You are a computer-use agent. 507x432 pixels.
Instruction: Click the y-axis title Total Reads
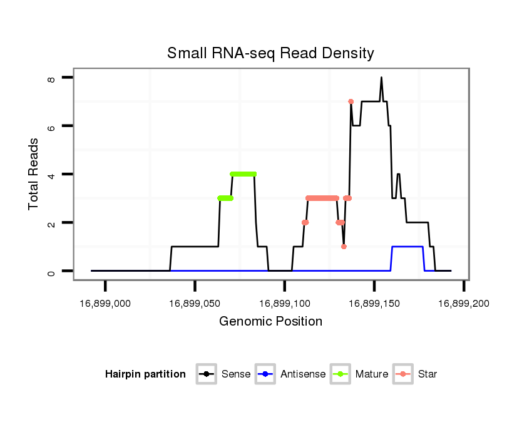tap(34, 174)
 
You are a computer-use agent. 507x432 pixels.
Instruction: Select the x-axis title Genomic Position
tap(270, 322)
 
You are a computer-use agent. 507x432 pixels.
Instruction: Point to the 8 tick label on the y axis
tap(52, 78)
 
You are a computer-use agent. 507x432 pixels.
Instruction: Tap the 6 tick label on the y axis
tap(52, 126)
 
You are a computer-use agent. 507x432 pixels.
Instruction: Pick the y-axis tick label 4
tap(52, 174)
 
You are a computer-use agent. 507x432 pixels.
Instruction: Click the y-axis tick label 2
tap(52, 223)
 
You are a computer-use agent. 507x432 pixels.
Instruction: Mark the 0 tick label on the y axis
tap(52, 271)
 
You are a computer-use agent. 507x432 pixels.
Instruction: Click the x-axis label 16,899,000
tap(105, 303)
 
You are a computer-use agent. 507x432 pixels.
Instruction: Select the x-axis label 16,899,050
tap(195, 303)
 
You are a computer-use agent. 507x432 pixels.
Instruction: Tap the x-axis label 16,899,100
tap(284, 303)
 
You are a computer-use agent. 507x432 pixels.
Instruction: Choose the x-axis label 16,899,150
tap(374, 303)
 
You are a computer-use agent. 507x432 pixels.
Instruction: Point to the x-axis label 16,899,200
tap(463, 303)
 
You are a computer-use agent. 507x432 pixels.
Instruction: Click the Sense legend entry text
tap(236, 374)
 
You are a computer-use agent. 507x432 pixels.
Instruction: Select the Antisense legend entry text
tap(303, 374)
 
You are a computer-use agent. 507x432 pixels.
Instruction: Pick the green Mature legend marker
tap(341, 374)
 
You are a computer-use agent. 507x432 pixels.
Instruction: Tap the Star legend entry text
tap(427, 374)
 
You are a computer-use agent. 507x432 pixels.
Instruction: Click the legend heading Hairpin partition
tap(145, 374)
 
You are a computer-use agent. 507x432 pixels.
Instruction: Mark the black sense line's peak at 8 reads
tap(381, 78)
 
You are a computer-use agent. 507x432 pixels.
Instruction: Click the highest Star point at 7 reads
tap(351, 101)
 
